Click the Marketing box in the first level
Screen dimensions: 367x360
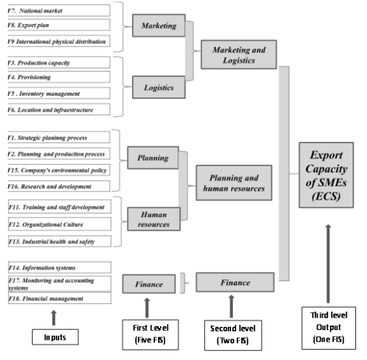(x=159, y=25)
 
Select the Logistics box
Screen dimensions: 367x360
(x=159, y=87)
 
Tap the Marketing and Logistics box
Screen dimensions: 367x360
(x=239, y=55)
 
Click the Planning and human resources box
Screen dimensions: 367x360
(x=234, y=183)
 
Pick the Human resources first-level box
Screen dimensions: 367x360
(x=154, y=219)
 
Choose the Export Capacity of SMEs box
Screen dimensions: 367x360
(x=326, y=175)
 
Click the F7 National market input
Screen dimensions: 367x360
(x=59, y=10)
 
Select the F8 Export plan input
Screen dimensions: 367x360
(x=59, y=25)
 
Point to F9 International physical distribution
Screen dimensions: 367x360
(x=59, y=41)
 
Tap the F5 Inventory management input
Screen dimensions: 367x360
(x=59, y=93)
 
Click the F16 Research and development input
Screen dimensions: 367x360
(x=59, y=186)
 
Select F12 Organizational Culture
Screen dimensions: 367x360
(x=60, y=224)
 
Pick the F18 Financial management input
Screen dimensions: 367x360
(x=60, y=298)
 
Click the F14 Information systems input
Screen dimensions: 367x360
(x=60, y=268)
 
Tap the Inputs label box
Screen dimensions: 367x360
(x=55, y=337)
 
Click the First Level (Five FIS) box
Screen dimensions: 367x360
(x=150, y=335)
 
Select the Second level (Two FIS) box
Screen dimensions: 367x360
(x=233, y=335)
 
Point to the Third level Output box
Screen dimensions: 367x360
(x=329, y=327)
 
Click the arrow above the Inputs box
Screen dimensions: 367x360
(x=53, y=318)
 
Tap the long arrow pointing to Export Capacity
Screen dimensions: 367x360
(x=328, y=264)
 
